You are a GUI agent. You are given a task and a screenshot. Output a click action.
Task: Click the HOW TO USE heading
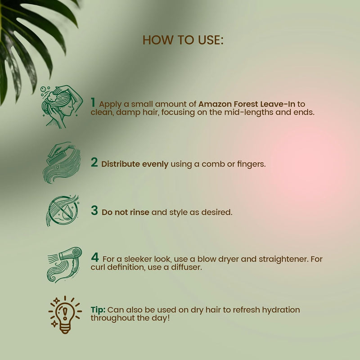183,40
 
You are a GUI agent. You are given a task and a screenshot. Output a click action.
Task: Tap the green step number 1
93,102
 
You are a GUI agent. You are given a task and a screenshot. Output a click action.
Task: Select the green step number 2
94,162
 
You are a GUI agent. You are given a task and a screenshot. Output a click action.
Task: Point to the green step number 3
94,210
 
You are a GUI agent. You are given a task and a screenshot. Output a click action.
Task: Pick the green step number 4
95,257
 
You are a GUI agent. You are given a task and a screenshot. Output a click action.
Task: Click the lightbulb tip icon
65,315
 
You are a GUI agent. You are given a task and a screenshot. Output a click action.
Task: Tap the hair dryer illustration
64,265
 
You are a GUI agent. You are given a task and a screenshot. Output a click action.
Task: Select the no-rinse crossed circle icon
63,211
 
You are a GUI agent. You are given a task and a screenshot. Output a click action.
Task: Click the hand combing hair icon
62,162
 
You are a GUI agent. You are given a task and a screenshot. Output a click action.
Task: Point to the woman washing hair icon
62,107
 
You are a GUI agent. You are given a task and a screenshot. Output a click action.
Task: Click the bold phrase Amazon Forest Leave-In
247,104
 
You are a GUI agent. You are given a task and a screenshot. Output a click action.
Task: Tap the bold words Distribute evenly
135,164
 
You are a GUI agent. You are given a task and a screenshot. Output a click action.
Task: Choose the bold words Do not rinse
126,212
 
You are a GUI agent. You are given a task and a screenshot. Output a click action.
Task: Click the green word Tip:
98,310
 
